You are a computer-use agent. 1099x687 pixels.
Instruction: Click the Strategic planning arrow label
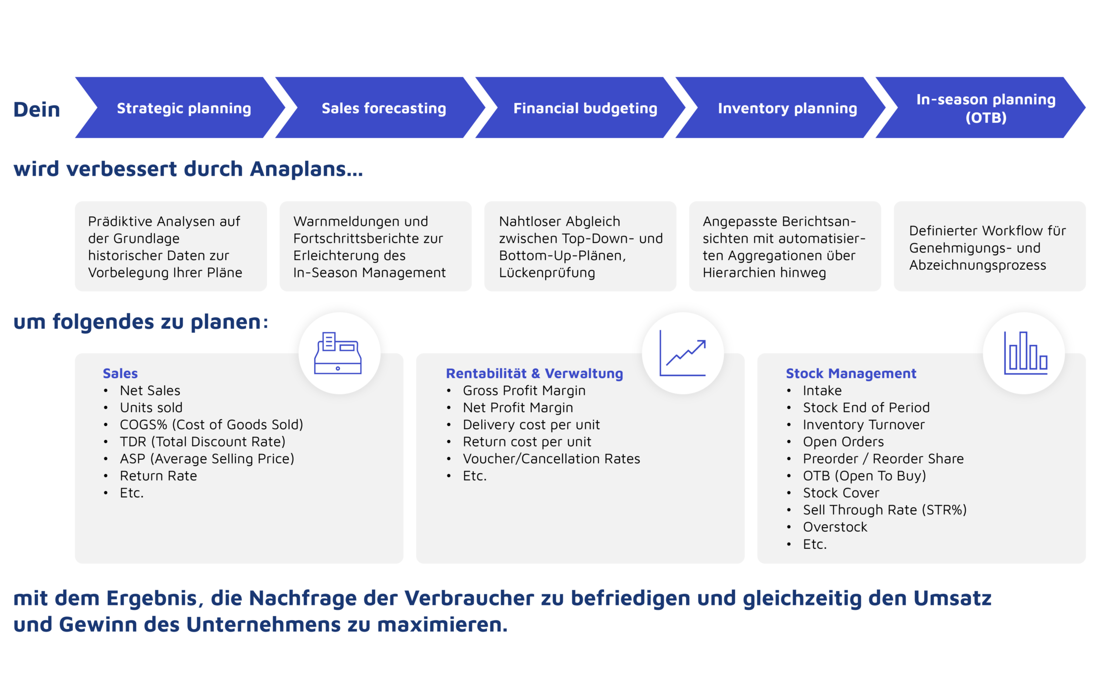point(184,108)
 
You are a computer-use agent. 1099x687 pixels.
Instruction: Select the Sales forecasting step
point(384,108)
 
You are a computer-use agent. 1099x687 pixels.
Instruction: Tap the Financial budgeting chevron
point(585,108)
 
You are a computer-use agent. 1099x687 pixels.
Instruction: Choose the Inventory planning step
point(787,108)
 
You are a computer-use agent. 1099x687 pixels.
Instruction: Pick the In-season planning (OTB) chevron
point(986,108)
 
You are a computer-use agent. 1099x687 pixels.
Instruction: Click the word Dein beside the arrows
point(37,109)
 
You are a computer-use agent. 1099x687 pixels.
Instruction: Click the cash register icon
point(339,353)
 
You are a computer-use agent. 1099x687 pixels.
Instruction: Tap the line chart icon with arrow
point(683,353)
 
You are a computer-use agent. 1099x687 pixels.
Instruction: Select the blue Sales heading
point(120,373)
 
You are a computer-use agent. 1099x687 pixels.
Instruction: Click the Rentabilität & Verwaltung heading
point(534,373)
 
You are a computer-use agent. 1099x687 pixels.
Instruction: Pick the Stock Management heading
point(851,373)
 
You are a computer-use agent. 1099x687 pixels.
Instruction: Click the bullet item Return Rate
point(158,476)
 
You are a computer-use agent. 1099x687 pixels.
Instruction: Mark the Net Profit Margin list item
point(518,407)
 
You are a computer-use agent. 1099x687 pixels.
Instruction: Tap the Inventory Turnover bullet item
point(863,425)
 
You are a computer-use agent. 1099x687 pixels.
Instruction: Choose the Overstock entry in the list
point(835,527)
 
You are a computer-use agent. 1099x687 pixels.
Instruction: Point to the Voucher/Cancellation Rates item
point(551,459)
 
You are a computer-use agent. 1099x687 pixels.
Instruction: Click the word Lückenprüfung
point(547,273)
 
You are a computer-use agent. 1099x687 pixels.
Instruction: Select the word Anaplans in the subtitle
point(306,169)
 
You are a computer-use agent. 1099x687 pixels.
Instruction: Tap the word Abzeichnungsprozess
point(978,265)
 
